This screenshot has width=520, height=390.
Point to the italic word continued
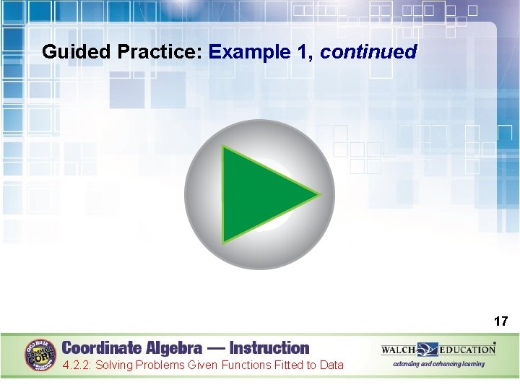[368, 52]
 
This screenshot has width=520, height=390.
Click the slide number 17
[500, 321]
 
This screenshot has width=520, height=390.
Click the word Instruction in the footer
[269, 347]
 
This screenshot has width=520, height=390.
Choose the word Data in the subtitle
[331, 365]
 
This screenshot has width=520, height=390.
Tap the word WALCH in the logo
[399, 350]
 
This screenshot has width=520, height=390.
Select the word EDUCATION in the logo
[467, 350]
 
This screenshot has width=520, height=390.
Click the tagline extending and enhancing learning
[438, 364]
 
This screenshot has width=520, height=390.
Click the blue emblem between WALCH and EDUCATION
[428, 350]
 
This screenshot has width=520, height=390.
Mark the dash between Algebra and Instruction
[215, 347]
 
